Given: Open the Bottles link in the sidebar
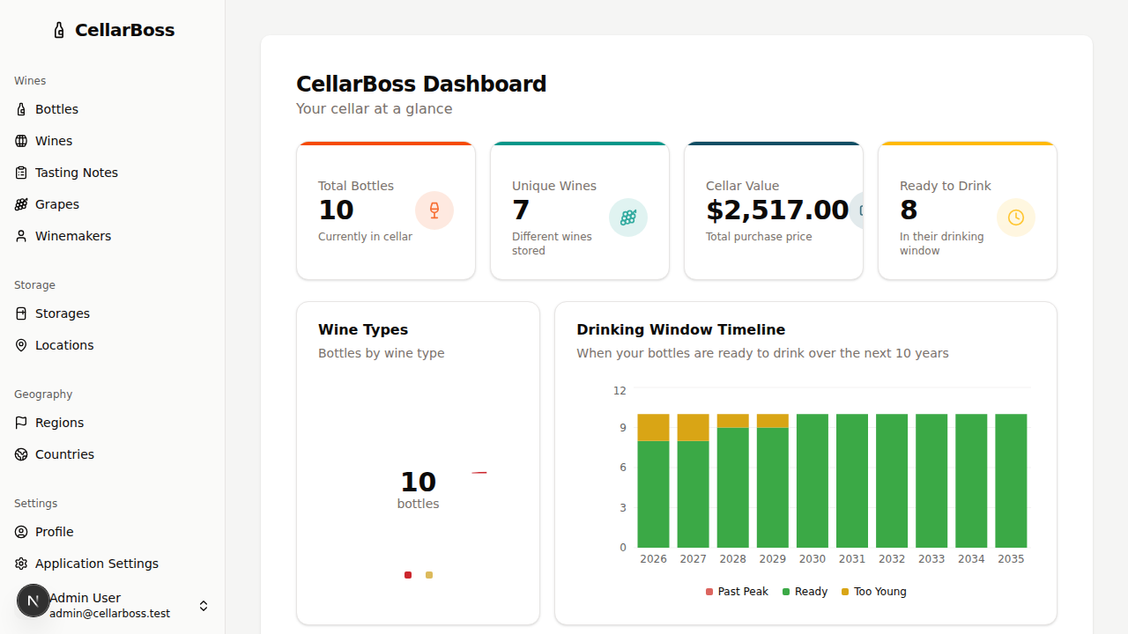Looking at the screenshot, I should pyautogui.click(x=56, y=109).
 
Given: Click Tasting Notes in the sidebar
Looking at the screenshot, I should pyautogui.click(x=76, y=173).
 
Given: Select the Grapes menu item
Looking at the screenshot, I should pyautogui.click(x=56, y=204).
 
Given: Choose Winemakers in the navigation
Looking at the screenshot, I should pyautogui.click(x=72, y=236).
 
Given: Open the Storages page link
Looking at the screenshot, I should pyautogui.click(x=62, y=313).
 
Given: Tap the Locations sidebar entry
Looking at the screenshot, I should pyautogui.click(x=63, y=345).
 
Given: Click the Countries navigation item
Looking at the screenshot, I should pyautogui.click(x=64, y=454).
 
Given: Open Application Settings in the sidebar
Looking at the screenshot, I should pyautogui.click(x=96, y=564).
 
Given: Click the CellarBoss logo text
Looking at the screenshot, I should pyautogui.click(x=124, y=30).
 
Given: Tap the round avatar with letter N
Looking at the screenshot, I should pyautogui.click(x=33, y=601).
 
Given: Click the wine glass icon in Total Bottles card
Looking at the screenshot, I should pyautogui.click(x=434, y=210).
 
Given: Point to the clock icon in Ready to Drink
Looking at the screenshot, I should pyautogui.click(x=1015, y=217).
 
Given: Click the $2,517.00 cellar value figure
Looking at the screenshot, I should pyautogui.click(x=777, y=210).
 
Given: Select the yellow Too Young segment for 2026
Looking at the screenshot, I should pyautogui.click(x=653, y=427).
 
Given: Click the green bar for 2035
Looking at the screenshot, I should pyautogui.click(x=1011, y=481).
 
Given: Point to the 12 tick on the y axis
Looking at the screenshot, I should pyautogui.click(x=620, y=390).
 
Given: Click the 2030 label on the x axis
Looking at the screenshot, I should pyautogui.click(x=812, y=559).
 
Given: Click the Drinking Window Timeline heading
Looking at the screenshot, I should pyautogui.click(x=680, y=329).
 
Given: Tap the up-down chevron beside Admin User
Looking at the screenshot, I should pyautogui.click(x=204, y=606).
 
